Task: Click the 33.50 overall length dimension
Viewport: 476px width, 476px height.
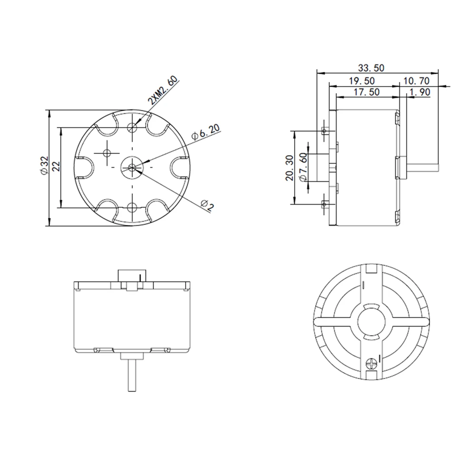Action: [x=371, y=67]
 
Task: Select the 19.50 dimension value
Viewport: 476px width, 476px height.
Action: [x=362, y=80]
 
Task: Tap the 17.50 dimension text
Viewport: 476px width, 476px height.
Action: [x=367, y=92]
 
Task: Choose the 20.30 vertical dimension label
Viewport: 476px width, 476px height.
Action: [x=288, y=169]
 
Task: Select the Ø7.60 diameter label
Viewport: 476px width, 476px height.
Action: [x=303, y=169]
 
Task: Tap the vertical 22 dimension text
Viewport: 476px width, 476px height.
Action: [x=55, y=167]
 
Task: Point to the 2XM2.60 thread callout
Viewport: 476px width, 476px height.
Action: [x=162, y=91]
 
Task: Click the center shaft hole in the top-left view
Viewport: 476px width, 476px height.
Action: [x=132, y=167]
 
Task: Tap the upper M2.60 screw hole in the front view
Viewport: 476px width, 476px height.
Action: [x=132, y=128]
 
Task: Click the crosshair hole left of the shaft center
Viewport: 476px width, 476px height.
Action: [x=106, y=153]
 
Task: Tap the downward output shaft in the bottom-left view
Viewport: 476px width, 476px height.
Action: [x=132, y=376]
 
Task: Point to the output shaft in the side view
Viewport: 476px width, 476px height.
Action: [x=422, y=168]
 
